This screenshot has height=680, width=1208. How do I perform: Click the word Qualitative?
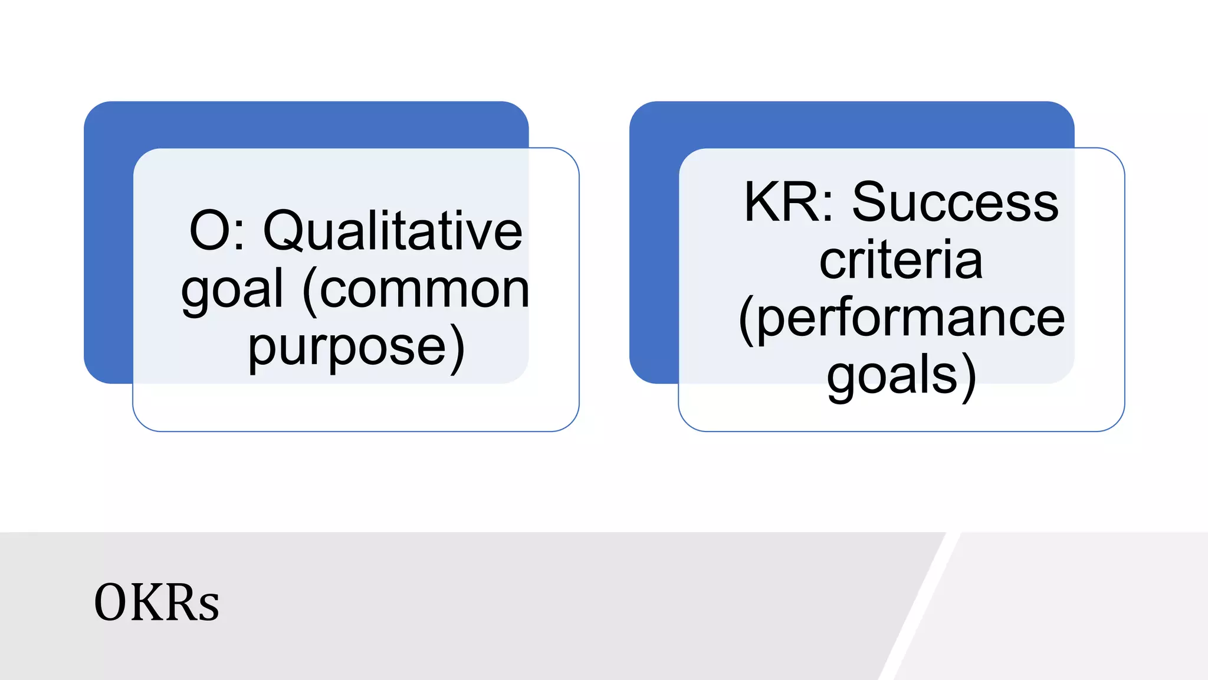(392, 231)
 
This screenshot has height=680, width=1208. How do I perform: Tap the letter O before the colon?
(208, 231)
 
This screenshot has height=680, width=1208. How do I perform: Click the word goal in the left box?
(232, 290)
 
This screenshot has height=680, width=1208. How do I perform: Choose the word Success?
(955, 202)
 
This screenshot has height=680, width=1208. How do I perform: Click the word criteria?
(901, 260)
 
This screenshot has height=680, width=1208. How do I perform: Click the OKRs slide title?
(156, 603)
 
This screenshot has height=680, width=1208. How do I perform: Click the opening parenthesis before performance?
(746, 320)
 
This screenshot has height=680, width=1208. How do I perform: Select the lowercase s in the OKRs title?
(209, 607)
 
